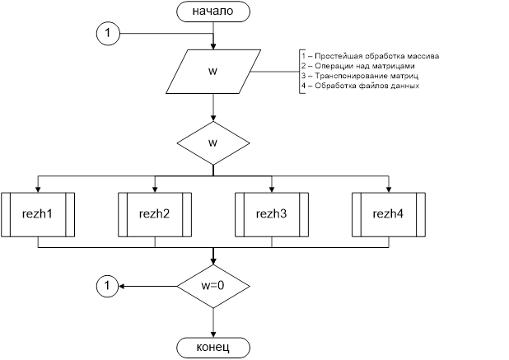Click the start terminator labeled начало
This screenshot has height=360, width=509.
[213, 12]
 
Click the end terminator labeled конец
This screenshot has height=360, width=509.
[213, 348]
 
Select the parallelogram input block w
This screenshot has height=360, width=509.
[213, 72]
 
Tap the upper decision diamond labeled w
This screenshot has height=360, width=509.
[213, 143]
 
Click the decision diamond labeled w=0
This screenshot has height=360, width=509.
[213, 287]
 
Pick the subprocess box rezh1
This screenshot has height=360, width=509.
[38, 214]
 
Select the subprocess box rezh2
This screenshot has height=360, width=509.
[155, 214]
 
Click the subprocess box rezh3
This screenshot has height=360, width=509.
[272, 214]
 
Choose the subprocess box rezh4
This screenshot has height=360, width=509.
[389, 214]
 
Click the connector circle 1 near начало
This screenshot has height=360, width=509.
[108, 34]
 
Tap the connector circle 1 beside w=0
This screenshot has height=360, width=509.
[108, 287]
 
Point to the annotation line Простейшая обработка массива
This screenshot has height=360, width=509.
[370, 56]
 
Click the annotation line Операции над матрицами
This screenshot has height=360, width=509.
[357, 66]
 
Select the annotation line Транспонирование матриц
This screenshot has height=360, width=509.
[359, 76]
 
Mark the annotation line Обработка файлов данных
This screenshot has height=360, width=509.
[360, 86]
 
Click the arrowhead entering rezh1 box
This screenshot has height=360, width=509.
[38, 189]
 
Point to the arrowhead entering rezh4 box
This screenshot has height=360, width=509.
[389, 189]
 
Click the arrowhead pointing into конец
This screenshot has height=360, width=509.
[213, 334]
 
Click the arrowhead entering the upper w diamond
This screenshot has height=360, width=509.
[213, 119]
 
